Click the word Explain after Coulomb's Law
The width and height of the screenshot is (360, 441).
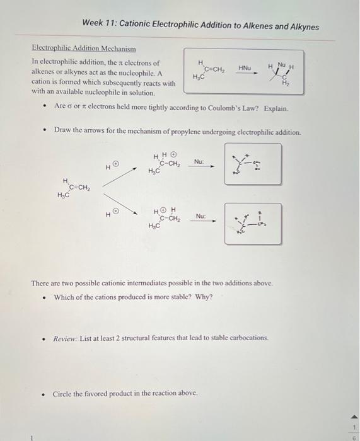coord(276,108)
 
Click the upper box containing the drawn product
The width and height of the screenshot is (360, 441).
coord(253,164)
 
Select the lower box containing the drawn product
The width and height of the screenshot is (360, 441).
coord(253,222)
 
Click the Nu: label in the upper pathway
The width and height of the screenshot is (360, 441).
coord(199,161)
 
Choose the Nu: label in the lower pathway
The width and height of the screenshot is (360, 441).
coord(201,215)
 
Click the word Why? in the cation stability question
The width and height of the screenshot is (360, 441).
coord(203,297)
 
